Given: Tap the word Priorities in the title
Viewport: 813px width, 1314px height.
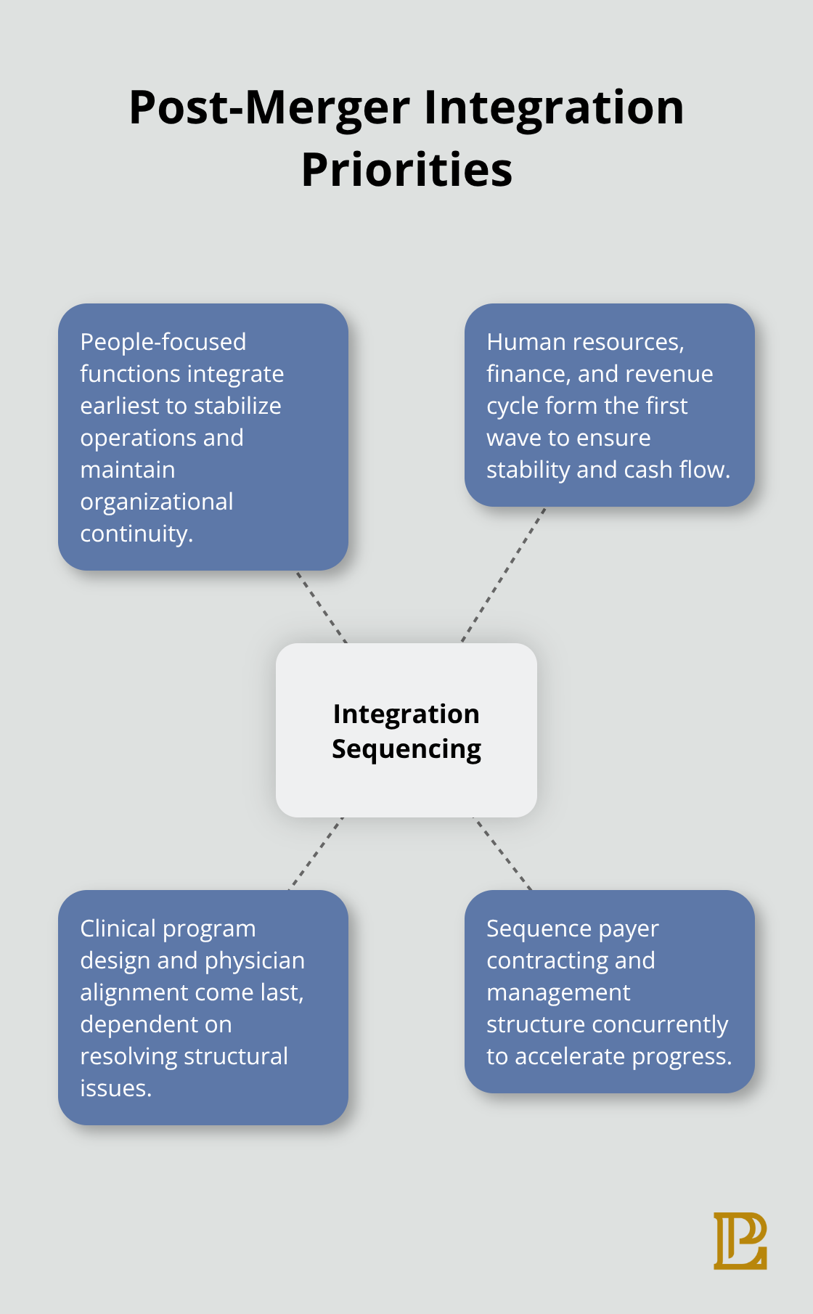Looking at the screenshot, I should point(406,170).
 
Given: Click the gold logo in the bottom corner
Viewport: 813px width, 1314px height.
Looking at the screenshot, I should point(740,1241).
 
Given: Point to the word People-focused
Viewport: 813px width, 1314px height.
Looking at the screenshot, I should point(163,342).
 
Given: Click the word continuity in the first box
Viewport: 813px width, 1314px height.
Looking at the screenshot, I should point(135,534).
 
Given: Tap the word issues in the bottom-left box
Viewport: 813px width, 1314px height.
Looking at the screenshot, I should point(115,1088).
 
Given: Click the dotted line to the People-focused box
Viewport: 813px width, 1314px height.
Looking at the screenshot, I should point(322,607).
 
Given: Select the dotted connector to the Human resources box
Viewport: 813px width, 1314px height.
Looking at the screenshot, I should point(503,575).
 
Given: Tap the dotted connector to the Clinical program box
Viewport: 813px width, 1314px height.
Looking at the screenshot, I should point(316,854).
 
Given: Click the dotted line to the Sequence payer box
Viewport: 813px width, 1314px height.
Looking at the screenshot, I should point(502,854).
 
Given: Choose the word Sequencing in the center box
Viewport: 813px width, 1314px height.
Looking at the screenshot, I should point(406,749).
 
